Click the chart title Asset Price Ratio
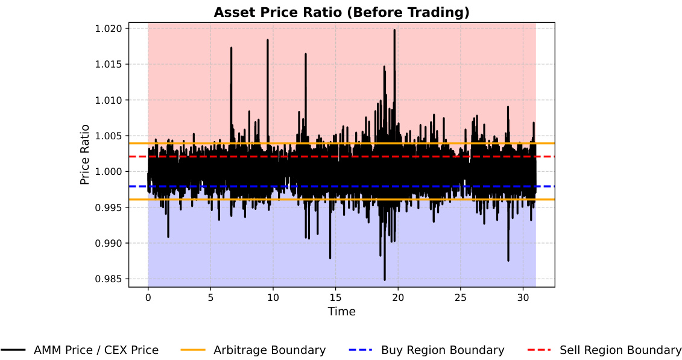[x=341, y=12]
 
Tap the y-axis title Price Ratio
[x=85, y=154]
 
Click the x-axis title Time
[x=341, y=311]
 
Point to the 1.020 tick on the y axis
[x=109, y=29]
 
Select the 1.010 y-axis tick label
[x=109, y=100]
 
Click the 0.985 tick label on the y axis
[x=109, y=279]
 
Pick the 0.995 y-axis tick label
[x=109, y=207]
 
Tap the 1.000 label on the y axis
[x=109, y=172]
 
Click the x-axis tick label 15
[x=336, y=297]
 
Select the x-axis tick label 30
[x=523, y=297]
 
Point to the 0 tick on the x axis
[x=148, y=297]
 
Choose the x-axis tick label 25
[x=461, y=297]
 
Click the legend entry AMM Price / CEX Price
[x=96, y=350]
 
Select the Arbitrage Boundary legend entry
[x=269, y=350]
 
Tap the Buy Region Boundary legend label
[x=443, y=350]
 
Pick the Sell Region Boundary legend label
[x=620, y=350]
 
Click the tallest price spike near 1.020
[x=394, y=30]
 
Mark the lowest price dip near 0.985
[x=385, y=279]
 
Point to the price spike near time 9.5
[x=268, y=40]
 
